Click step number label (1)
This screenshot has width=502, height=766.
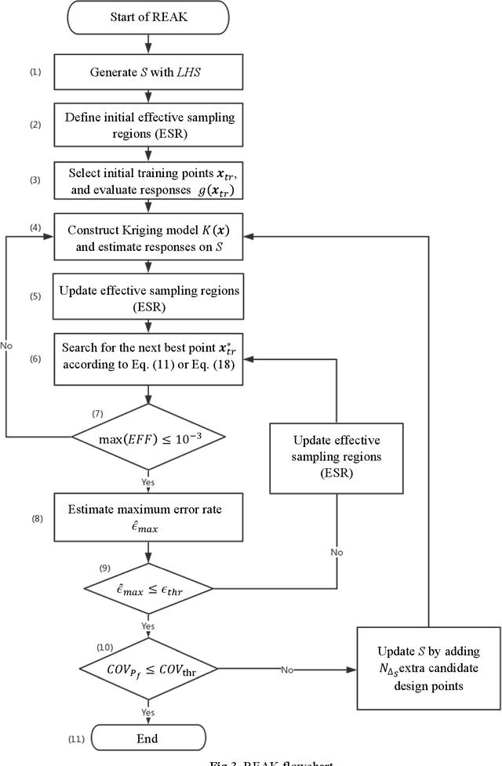35,72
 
